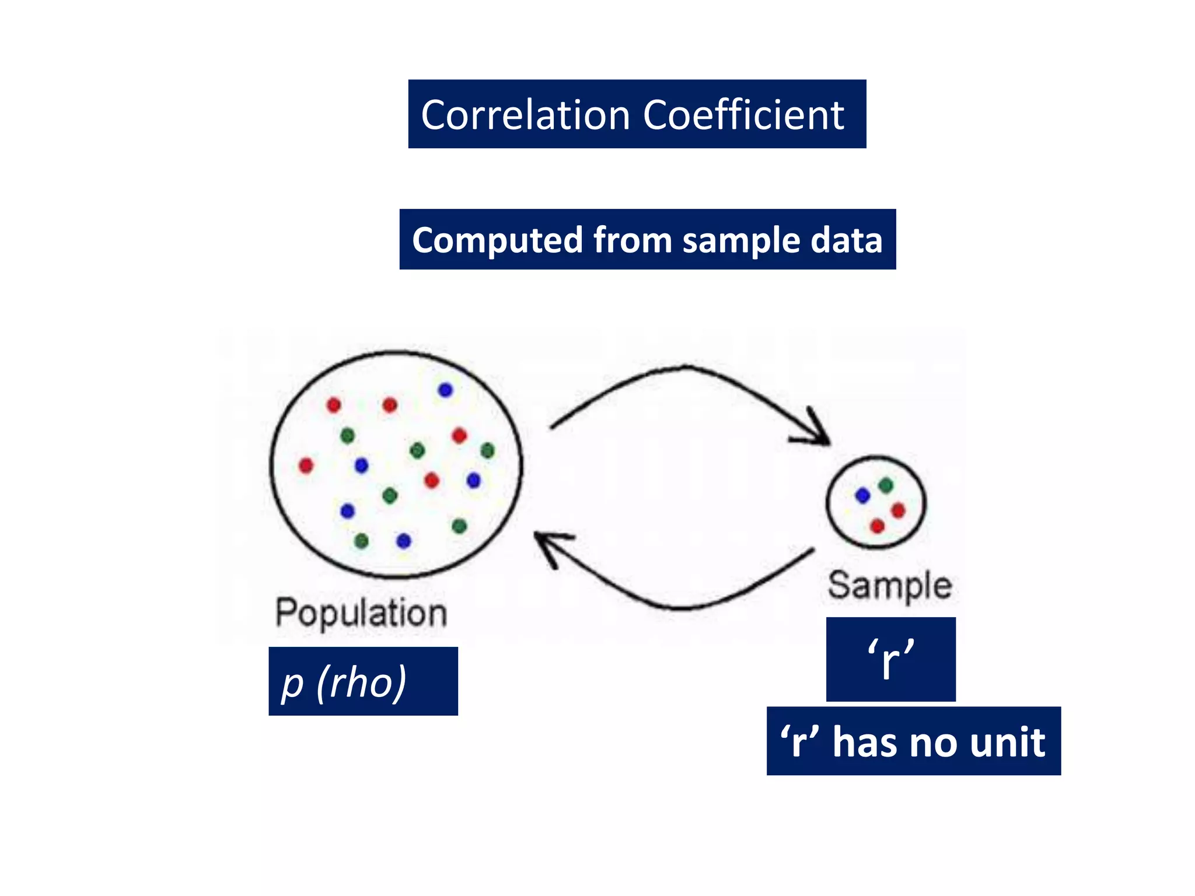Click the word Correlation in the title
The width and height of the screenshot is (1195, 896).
pyautogui.click(x=525, y=114)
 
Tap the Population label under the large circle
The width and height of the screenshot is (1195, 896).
pyautogui.click(x=361, y=614)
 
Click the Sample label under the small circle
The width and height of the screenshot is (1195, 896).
pyautogui.click(x=890, y=586)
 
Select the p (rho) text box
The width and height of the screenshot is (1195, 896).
pyautogui.click(x=363, y=681)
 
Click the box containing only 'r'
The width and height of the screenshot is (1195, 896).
pyautogui.click(x=890, y=659)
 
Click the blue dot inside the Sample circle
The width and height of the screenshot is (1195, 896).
pyautogui.click(x=862, y=496)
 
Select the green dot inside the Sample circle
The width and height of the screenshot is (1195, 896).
pyautogui.click(x=886, y=485)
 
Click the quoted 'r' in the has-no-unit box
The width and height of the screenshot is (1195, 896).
pyautogui.click(x=800, y=742)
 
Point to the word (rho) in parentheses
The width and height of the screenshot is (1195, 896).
pyautogui.click(x=362, y=681)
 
